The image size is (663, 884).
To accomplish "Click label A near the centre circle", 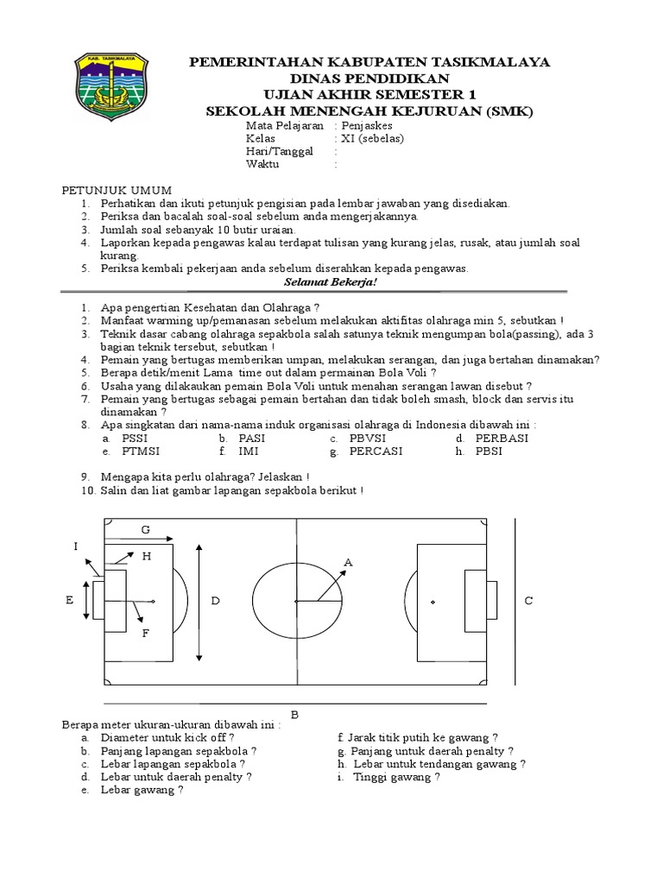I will [x=349, y=563].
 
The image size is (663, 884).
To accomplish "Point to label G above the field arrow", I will [x=146, y=528].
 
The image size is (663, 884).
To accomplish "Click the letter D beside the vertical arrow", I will [x=216, y=600].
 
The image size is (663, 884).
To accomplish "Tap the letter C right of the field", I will [x=529, y=600].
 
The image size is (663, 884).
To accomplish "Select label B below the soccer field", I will [x=294, y=715].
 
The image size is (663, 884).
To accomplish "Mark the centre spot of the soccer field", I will [x=295, y=601].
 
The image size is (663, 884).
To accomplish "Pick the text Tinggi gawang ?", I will [x=396, y=777].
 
